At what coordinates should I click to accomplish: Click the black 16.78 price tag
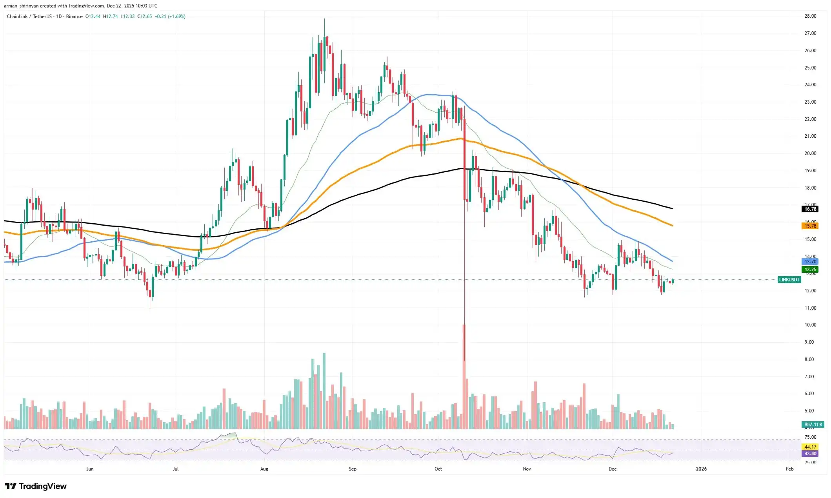tap(810, 209)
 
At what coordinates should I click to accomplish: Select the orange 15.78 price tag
tap(810, 226)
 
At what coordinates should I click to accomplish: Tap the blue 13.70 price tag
tap(810, 262)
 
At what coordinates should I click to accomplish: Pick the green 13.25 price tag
tap(810, 270)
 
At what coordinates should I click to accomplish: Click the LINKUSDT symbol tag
tap(789, 280)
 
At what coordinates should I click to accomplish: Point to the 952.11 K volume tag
tap(813, 425)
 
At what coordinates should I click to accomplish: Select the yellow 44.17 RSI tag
tap(810, 447)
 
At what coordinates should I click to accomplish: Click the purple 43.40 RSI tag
tap(810, 454)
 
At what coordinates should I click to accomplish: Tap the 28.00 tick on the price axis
tap(810, 16)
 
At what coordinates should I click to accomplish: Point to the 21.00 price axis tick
tap(810, 136)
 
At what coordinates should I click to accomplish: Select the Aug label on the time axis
tap(264, 469)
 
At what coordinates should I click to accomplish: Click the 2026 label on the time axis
tap(701, 469)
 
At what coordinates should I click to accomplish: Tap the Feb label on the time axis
tap(789, 469)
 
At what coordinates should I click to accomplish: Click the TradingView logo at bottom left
tap(36, 486)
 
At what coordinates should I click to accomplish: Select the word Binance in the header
tap(74, 16)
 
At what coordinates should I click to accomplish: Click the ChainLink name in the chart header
tap(17, 16)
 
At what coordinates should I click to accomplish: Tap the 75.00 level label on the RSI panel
tap(810, 437)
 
